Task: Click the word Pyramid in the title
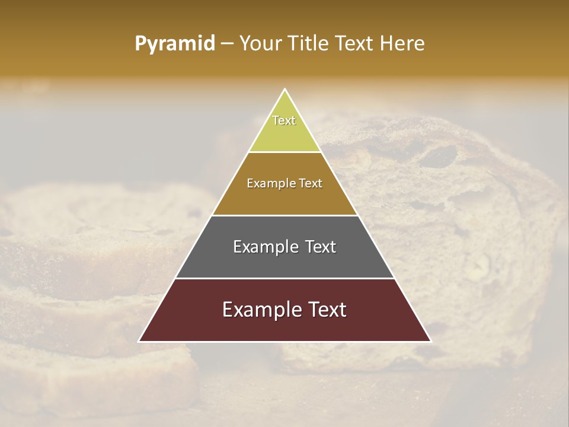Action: pyautogui.click(x=175, y=44)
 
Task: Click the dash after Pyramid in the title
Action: pyautogui.click(x=226, y=44)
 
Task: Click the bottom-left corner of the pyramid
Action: pyautogui.click(x=139, y=341)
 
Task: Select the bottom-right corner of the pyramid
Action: pyautogui.click(x=430, y=341)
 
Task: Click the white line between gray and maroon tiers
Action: pyautogui.click(x=284, y=278)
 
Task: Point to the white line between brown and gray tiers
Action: pyautogui.click(x=284, y=215)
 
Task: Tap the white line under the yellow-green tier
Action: pyautogui.click(x=284, y=152)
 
